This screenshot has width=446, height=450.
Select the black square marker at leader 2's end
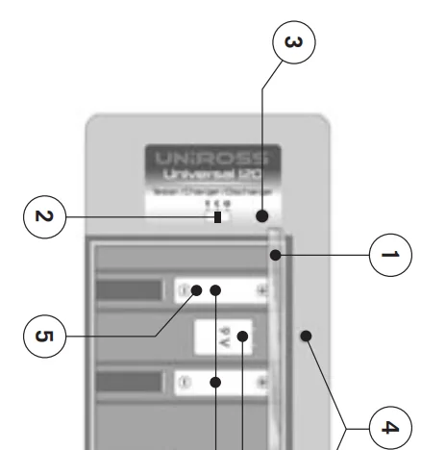(x=217, y=217)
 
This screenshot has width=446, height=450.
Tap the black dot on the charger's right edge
(x=307, y=336)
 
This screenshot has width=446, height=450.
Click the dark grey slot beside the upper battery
(x=129, y=289)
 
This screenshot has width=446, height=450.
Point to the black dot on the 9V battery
(x=244, y=337)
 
